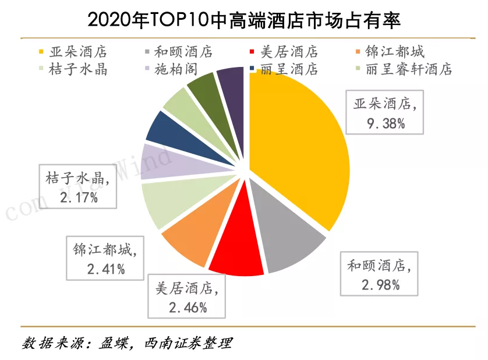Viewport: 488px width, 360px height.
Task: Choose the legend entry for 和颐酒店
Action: point(178,52)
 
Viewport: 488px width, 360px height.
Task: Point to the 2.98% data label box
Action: point(381,275)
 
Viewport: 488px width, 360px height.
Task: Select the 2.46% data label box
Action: point(187,298)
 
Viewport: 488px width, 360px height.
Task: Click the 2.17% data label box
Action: point(79,186)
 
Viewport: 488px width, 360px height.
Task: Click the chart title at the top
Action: point(244,20)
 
